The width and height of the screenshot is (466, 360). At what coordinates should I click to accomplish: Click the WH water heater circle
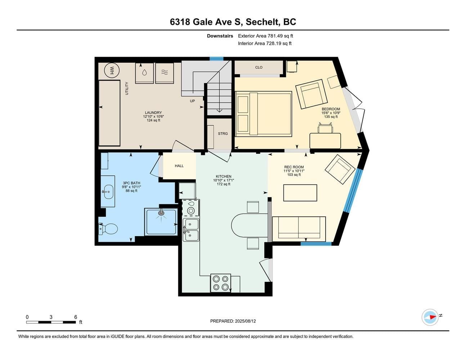click(112, 71)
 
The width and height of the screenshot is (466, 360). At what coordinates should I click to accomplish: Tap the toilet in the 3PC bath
click(108, 229)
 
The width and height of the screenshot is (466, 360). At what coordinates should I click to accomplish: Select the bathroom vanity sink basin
click(108, 192)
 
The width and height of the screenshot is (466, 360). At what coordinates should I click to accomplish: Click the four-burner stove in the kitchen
click(221, 283)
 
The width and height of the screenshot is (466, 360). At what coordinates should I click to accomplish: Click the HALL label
click(179, 166)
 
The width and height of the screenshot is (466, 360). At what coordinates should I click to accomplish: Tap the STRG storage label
click(223, 134)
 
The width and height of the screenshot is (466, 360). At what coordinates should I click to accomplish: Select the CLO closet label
click(259, 67)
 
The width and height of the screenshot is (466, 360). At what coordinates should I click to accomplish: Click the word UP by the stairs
click(192, 101)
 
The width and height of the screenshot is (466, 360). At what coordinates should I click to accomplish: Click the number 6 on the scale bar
click(76, 317)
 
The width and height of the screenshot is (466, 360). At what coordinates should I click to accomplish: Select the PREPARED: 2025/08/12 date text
click(233, 321)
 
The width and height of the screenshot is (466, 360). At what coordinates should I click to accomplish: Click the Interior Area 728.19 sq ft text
click(265, 43)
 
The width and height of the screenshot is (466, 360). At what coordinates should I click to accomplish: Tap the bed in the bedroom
click(264, 114)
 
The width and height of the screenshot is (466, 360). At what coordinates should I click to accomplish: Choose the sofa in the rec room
click(299, 229)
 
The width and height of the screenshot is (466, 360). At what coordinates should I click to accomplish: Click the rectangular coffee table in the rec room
click(300, 193)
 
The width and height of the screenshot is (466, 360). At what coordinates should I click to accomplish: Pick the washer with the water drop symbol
click(144, 73)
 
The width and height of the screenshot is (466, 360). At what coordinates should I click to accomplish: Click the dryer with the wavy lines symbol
click(165, 73)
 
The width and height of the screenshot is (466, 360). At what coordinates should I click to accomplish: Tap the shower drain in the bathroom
click(161, 213)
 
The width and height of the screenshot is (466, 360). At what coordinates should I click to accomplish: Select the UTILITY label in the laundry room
click(127, 88)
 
